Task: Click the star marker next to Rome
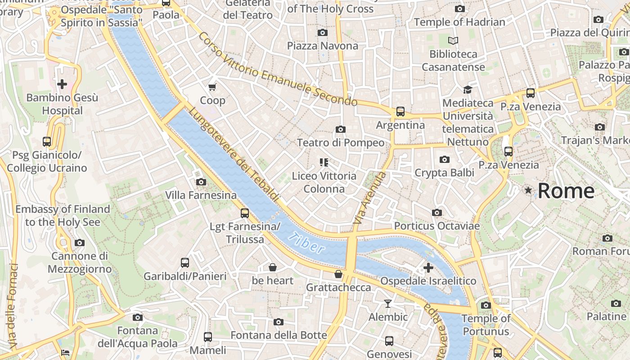click(x=528, y=191)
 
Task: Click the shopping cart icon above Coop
click(x=212, y=87)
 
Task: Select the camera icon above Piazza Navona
click(x=322, y=32)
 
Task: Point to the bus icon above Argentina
click(x=400, y=112)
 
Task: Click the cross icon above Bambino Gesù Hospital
click(x=62, y=84)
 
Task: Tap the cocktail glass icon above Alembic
click(x=388, y=304)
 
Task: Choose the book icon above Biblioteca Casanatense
click(x=453, y=41)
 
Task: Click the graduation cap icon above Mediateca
click(x=468, y=90)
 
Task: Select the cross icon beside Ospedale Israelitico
click(x=428, y=268)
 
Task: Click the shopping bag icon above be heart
click(x=273, y=268)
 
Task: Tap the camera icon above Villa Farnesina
click(x=201, y=182)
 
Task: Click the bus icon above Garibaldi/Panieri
click(x=184, y=263)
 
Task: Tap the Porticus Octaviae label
click(x=437, y=225)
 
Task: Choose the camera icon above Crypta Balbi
click(x=445, y=160)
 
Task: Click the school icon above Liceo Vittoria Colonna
click(x=324, y=162)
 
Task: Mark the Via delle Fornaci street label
click(x=13, y=306)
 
